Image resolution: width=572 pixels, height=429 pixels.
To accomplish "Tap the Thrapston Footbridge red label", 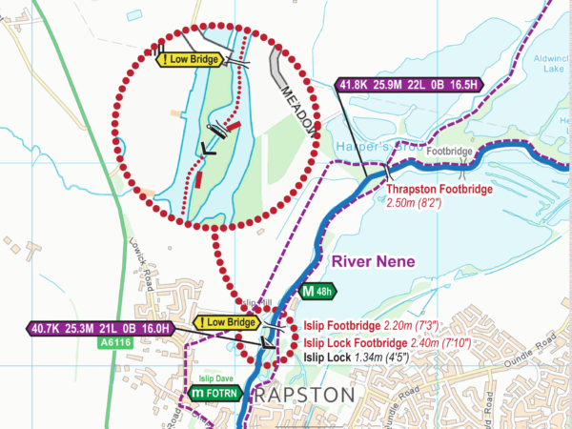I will click(439, 190).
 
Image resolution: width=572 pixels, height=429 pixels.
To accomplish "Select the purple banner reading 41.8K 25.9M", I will click(411, 85).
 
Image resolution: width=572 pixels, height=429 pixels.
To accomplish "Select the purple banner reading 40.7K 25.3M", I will click(104, 329).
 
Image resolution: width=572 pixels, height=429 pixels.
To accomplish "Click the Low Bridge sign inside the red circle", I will click(192, 60).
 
